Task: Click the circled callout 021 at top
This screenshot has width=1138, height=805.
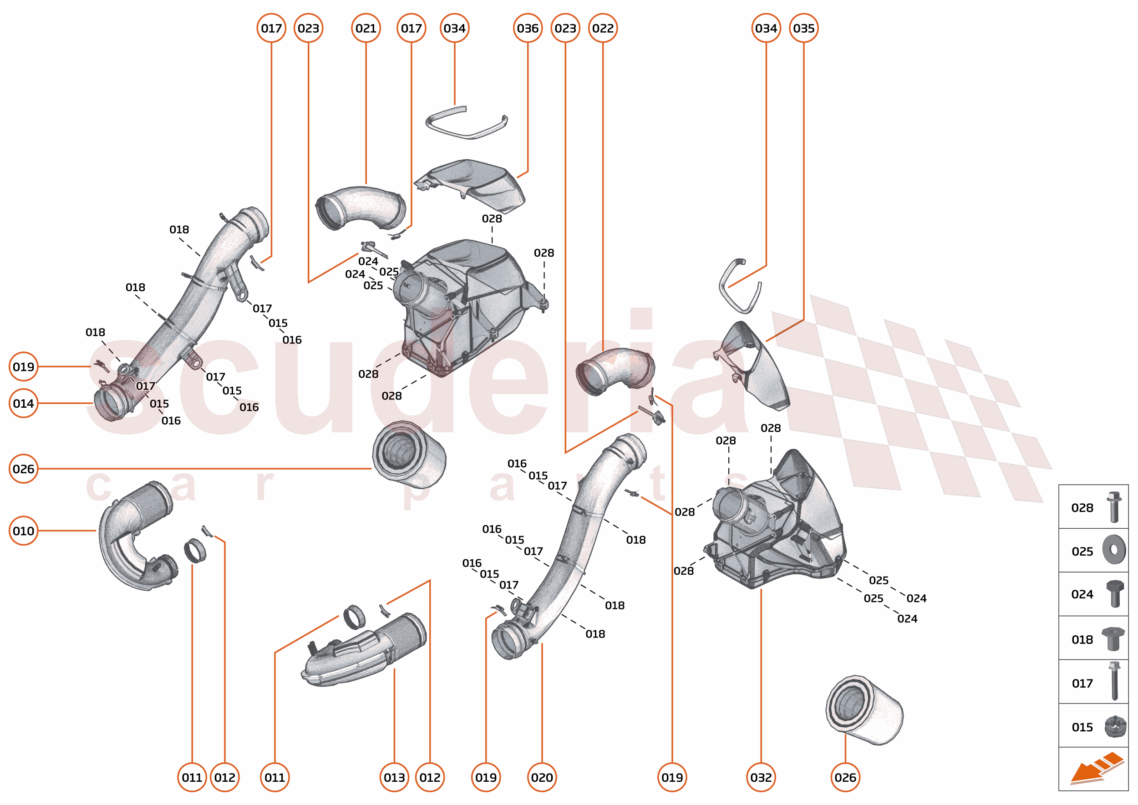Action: tap(366, 28)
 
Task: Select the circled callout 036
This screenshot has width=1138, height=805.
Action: tap(528, 28)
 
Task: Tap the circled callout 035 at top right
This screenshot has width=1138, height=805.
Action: tap(803, 28)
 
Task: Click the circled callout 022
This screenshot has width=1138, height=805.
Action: tap(603, 28)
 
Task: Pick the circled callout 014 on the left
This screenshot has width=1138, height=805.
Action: tap(23, 404)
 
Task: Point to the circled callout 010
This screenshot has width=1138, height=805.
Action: tap(23, 531)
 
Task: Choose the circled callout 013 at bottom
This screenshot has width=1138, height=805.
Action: tap(394, 777)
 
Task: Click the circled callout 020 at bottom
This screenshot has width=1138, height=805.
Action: tap(542, 777)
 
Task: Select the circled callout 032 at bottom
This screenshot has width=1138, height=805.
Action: tap(761, 777)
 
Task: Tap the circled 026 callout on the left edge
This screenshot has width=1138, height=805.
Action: tap(23, 468)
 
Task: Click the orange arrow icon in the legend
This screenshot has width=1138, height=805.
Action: tap(1096, 768)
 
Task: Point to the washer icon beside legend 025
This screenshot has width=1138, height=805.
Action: tap(1114, 550)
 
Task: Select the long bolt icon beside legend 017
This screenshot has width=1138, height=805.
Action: tap(1114, 681)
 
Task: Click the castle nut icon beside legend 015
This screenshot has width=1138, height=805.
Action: tap(1115, 727)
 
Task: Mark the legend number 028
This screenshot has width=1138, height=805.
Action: tap(1082, 507)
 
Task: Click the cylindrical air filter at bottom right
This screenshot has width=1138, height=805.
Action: tap(864, 710)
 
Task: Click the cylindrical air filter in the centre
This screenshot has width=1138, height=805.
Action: tap(409, 455)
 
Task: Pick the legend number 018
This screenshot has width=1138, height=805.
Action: tap(1082, 639)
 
